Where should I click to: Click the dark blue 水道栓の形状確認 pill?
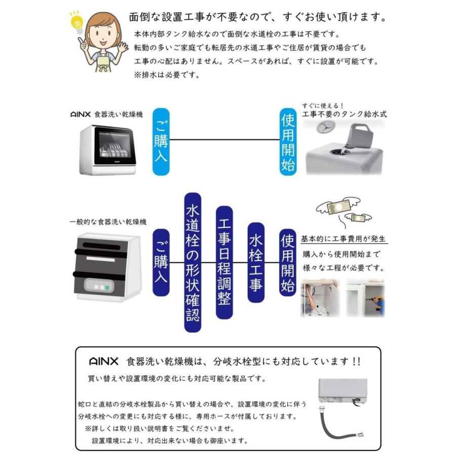pyautogui.click(x=193, y=262)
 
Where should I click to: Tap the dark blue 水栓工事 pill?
pyautogui.click(x=256, y=262)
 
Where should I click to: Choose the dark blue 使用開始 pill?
pyautogui.click(x=287, y=262)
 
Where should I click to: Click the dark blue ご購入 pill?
pyautogui.click(x=161, y=262)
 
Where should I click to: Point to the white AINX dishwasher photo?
pyautogui.click(x=108, y=150)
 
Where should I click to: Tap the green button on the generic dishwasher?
pyautogui.click(x=107, y=288)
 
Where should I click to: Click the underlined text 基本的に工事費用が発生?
pyautogui.click(x=344, y=239)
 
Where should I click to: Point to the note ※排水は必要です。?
pyautogui.click(x=167, y=74)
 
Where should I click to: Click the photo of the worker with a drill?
pyautogui.click(x=365, y=298)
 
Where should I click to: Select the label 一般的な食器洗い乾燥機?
pyautogui.click(x=108, y=222)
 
